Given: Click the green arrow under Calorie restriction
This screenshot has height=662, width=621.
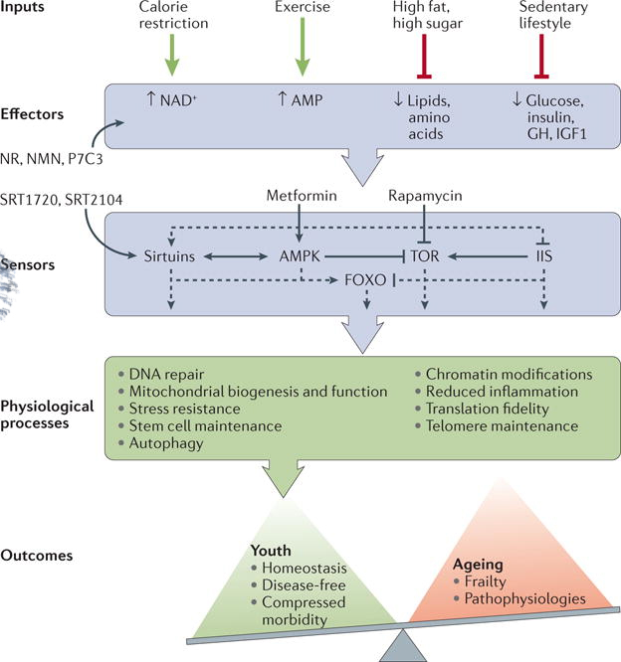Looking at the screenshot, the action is (172, 55).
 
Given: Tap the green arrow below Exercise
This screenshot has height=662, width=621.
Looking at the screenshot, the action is (303, 47).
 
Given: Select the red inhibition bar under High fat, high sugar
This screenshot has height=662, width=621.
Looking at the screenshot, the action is (424, 57).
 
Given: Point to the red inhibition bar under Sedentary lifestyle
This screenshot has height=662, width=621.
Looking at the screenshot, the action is (541, 57).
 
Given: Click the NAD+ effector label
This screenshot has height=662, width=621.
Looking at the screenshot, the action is (171, 100).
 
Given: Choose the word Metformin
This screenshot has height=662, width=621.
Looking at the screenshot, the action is (302, 196).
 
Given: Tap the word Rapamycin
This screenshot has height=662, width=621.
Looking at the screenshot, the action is (425, 196).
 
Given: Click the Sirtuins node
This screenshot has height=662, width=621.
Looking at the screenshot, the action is (169, 256).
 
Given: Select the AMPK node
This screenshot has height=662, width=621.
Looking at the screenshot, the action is (300, 256).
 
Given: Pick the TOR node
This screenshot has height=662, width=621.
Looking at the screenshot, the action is (425, 256).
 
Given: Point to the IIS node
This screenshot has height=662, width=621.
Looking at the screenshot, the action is (543, 256).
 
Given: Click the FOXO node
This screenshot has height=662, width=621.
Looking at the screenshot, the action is (365, 280).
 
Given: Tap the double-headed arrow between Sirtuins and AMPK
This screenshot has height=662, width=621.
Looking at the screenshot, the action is (236, 256).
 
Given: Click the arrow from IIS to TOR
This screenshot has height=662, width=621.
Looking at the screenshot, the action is (488, 256).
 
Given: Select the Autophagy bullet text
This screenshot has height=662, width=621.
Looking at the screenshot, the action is (166, 443).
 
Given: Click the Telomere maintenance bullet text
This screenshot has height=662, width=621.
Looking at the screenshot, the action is (502, 426).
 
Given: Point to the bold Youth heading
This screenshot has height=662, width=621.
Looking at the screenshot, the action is (271, 551).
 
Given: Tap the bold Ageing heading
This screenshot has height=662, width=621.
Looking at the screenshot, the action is (478, 565).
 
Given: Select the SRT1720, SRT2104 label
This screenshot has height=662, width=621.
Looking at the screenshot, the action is (62, 199).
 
